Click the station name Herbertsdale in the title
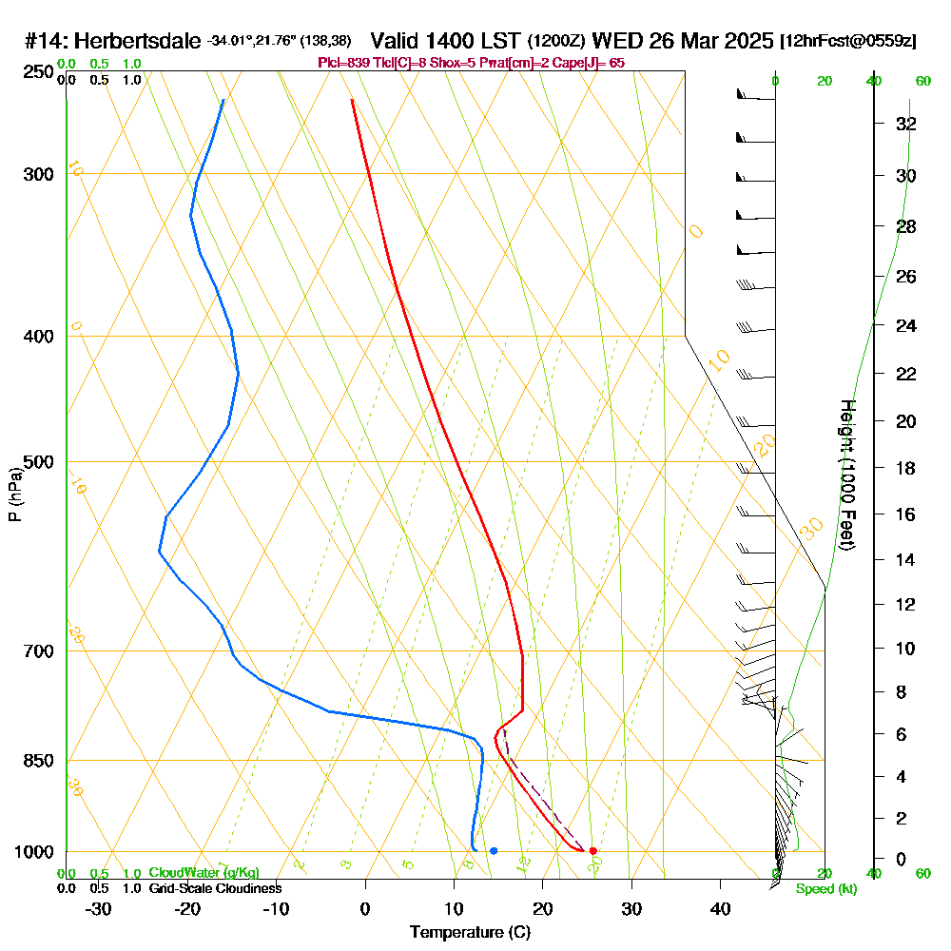point(137,42)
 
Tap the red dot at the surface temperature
point(592,850)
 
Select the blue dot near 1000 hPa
point(494,850)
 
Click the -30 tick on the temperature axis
point(99,908)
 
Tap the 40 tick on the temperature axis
point(720,908)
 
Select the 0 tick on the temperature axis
point(365,908)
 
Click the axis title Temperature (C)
point(470,932)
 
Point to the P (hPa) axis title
point(14,495)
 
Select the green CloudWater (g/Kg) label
point(204,873)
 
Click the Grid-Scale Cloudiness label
point(215,888)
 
